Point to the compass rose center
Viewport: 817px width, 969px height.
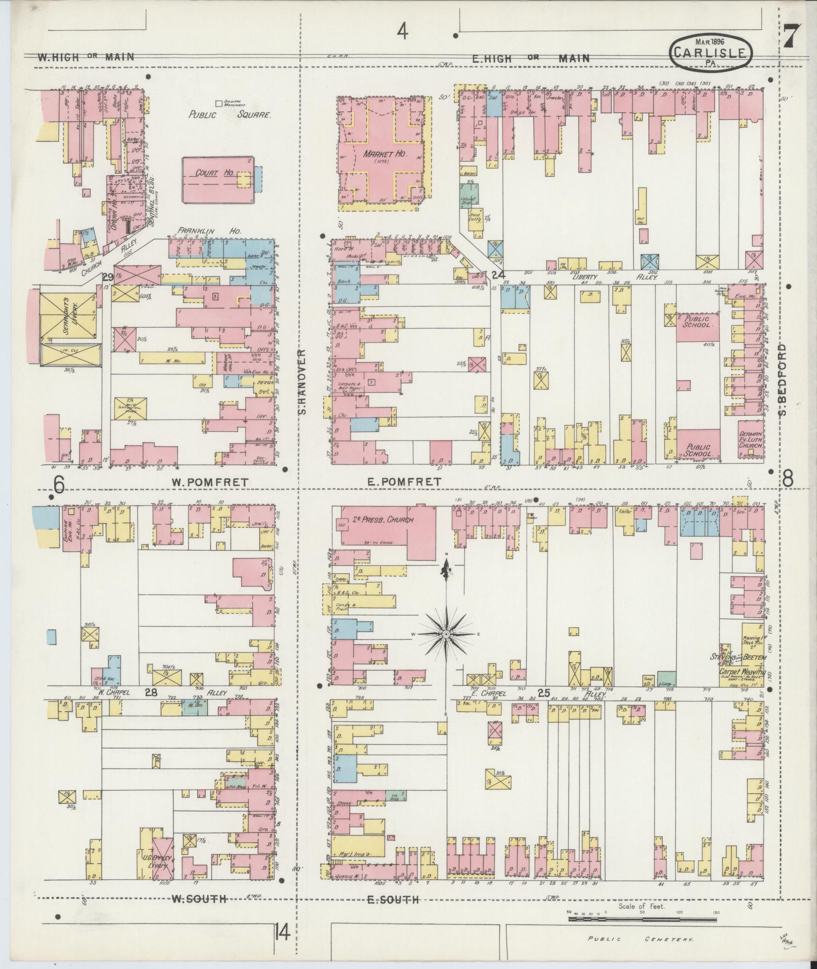point(446,634)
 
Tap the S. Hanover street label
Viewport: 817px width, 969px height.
point(303,381)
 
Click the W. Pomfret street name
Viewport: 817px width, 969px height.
point(209,483)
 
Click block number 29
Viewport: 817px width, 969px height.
point(107,277)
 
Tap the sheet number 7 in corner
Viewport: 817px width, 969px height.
point(791,37)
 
